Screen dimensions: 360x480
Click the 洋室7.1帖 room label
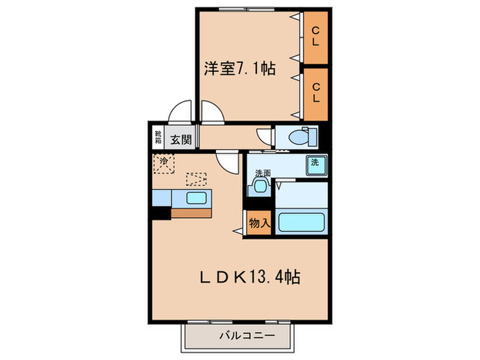pos(239,69)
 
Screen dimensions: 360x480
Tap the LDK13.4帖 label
pos(249,277)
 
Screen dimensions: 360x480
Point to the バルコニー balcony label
pos(247,337)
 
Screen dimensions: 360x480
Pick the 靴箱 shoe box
pos(158,136)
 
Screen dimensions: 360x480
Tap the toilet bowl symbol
pos(300,136)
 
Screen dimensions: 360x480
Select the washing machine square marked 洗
pos(315,165)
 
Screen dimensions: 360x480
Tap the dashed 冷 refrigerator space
pos(164,163)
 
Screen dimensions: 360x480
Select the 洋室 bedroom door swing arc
pos(211,112)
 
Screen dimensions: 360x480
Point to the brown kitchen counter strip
pos(191,213)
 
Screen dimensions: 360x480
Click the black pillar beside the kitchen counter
pos(161,213)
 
